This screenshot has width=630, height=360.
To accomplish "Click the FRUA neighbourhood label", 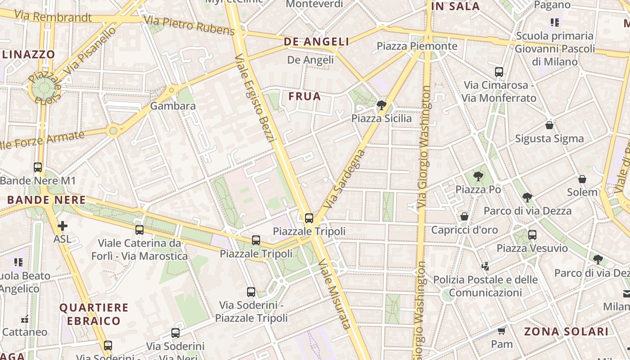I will (x=305, y=96).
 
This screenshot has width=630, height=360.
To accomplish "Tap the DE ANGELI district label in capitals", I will (x=316, y=42).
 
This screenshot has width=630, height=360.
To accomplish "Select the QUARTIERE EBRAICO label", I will (x=90, y=314).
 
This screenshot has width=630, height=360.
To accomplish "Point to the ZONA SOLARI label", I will (x=566, y=332).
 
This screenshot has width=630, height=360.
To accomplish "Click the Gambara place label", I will (x=173, y=106).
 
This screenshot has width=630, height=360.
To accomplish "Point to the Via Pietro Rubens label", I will (x=189, y=25).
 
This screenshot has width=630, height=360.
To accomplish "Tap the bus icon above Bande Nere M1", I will (x=38, y=167).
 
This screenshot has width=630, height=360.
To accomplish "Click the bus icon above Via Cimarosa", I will (x=499, y=72).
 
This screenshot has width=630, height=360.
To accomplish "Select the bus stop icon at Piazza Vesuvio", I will (x=532, y=234).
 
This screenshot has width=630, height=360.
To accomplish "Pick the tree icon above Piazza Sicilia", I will (x=382, y=105).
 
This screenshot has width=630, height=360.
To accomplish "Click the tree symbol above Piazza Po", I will (x=478, y=176).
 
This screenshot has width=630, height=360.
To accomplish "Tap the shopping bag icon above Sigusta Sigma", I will (x=549, y=125).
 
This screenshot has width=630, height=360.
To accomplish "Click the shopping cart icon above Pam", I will (x=501, y=331).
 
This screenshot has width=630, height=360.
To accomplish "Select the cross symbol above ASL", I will (x=62, y=225).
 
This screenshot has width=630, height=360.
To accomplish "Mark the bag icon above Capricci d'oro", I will (x=464, y=217).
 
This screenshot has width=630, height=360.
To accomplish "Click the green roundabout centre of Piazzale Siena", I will (x=44, y=89).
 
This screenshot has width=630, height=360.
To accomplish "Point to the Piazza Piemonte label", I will (x=417, y=46).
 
